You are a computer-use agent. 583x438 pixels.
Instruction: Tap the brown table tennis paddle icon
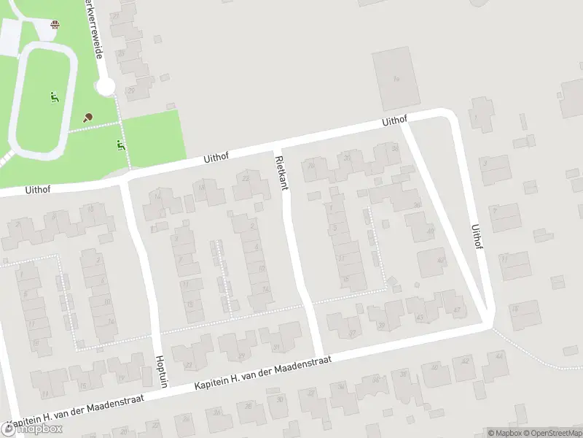point(88,117)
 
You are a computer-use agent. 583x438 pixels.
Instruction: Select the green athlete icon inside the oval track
point(53,96)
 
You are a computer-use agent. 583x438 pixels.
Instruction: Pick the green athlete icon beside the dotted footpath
point(121,145)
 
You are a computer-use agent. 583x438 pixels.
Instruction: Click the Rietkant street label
point(281,172)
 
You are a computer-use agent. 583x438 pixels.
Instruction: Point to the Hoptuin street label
point(162,372)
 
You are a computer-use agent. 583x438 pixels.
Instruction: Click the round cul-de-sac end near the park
point(106,88)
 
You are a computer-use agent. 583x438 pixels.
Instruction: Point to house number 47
point(457,310)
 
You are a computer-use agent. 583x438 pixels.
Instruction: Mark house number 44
point(498,356)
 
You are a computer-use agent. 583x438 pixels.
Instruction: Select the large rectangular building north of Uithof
point(395,78)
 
